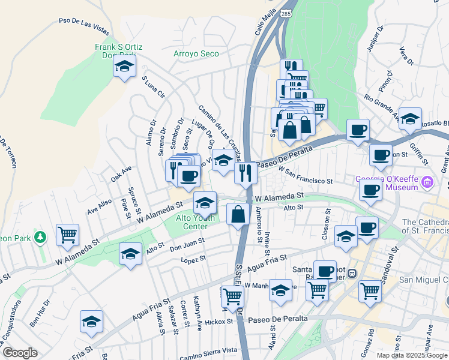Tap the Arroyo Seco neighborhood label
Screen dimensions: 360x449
pos(196,53)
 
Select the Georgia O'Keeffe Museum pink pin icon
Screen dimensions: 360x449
pos(427,181)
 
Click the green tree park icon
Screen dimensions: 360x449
pos(41,238)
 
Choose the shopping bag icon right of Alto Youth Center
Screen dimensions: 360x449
pos(238,214)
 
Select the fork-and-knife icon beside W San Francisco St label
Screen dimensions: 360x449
pos(245,173)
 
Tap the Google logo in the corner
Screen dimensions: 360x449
pos(19,353)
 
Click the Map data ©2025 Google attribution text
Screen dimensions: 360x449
pos(411,355)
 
